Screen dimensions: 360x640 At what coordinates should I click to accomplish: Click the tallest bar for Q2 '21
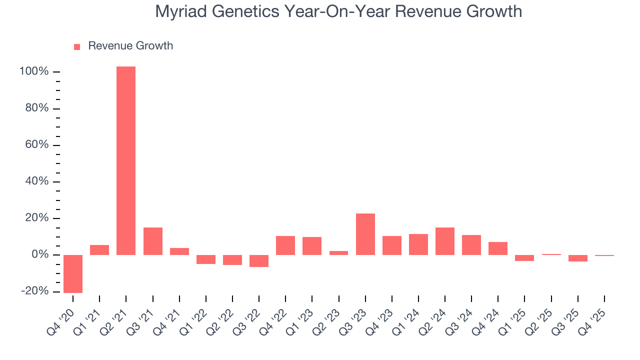click(126, 160)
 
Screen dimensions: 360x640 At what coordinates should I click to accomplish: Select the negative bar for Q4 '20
click(73, 273)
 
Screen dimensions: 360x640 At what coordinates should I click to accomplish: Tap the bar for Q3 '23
click(365, 234)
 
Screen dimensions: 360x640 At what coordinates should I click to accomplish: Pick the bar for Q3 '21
click(153, 241)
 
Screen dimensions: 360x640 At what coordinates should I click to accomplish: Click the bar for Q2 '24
click(445, 241)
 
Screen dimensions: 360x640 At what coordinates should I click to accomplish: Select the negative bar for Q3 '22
click(259, 260)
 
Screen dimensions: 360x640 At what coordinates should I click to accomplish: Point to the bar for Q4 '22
click(285, 245)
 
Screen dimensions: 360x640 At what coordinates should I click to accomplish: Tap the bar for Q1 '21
click(99, 249)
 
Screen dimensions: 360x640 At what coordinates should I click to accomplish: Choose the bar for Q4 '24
click(498, 248)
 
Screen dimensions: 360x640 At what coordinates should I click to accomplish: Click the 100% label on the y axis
click(34, 72)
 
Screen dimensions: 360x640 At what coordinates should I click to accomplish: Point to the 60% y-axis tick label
click(37, 145)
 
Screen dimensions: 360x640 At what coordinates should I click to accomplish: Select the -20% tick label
click(34, 291)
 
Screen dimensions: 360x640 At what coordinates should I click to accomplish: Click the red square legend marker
click(77, 46)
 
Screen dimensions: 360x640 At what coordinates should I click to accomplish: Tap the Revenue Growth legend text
click(130, 46)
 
